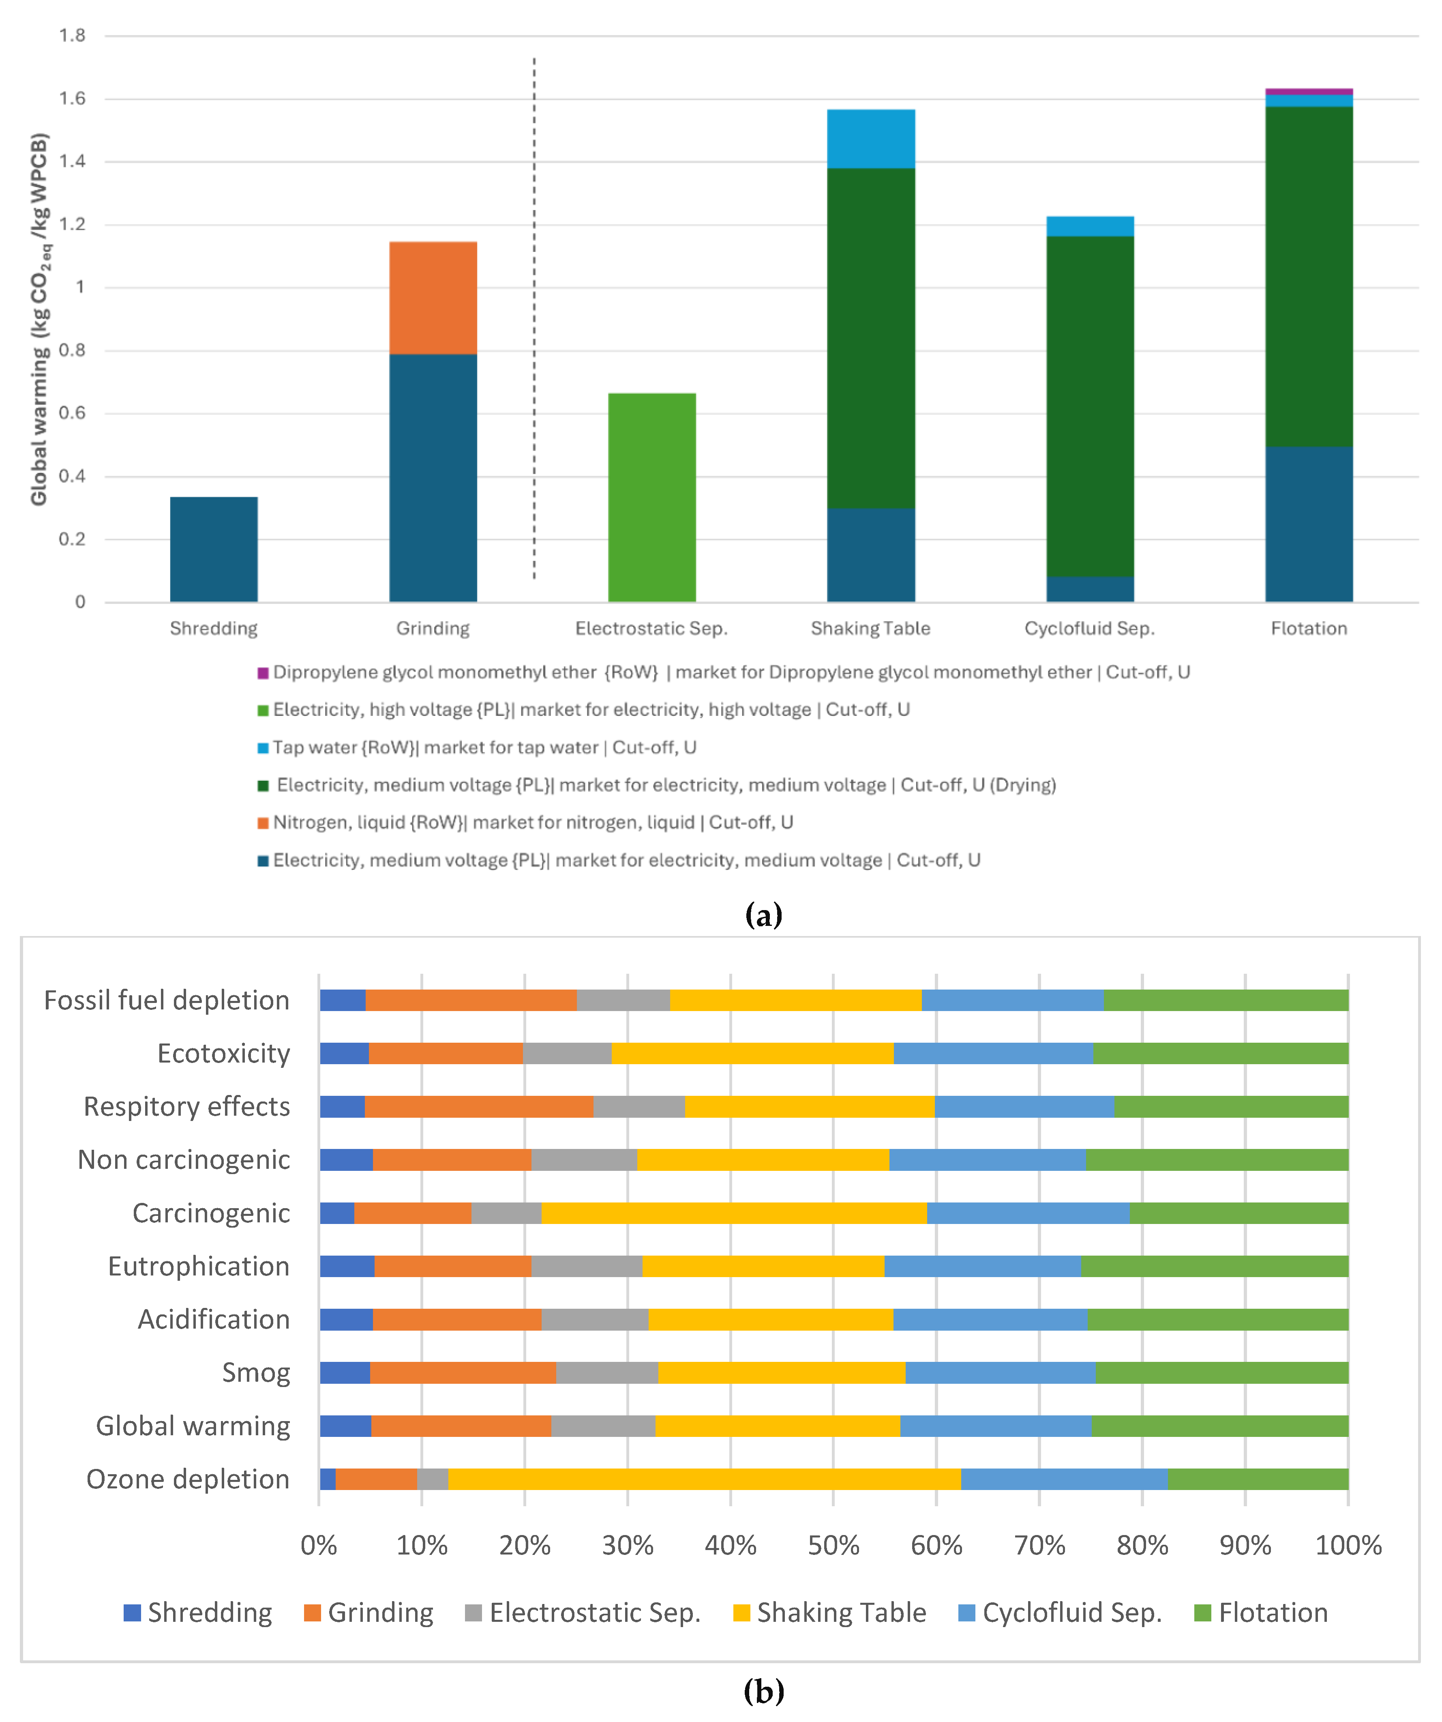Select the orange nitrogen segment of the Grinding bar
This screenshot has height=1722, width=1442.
pyautogui.click(x=433, y=298)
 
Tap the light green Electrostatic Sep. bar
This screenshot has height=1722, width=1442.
pyautogui.click(x=652, y=498)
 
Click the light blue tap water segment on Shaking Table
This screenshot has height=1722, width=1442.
pyautogui.click(x=871, y=139)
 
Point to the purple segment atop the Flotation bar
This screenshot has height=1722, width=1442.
pyautogui.click(x=1308, y=91)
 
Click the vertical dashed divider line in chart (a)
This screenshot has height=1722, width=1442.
pyautogui.click(x=534, y=320)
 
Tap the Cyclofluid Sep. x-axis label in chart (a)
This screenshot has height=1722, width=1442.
pyautogui.click(x=1089, y=629)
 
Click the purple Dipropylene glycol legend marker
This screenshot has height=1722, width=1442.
pyautogui.click(x=263, y=673)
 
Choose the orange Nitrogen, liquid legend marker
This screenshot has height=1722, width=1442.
pyautogui.click(x=263, y=823)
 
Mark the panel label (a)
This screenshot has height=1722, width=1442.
pyautogui.click(x=763, y=914)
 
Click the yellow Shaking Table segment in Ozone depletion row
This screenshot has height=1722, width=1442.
pyautogui.click(x=704, y=1479)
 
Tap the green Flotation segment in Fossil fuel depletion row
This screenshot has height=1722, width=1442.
pyautogui.click(x=1226, y=1001)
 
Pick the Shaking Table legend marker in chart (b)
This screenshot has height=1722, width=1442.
pyautogui.click(x=741, y=1613)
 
